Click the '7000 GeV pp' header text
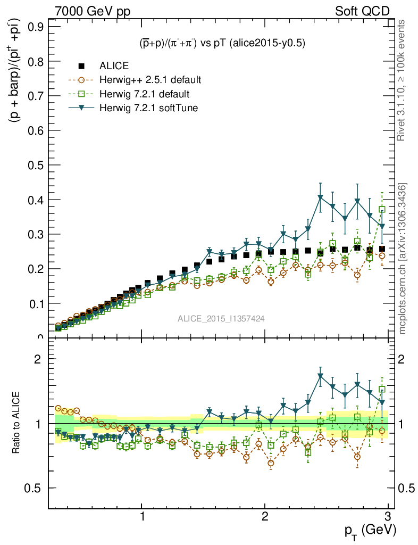93,11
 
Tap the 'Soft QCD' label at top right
362,11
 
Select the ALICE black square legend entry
81,66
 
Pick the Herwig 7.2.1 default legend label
145,94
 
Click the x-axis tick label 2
265,517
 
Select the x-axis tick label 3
388,517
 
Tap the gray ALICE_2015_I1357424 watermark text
221,318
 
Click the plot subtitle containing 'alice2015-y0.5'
219,44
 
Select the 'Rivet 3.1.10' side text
402,80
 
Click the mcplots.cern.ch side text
403,258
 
